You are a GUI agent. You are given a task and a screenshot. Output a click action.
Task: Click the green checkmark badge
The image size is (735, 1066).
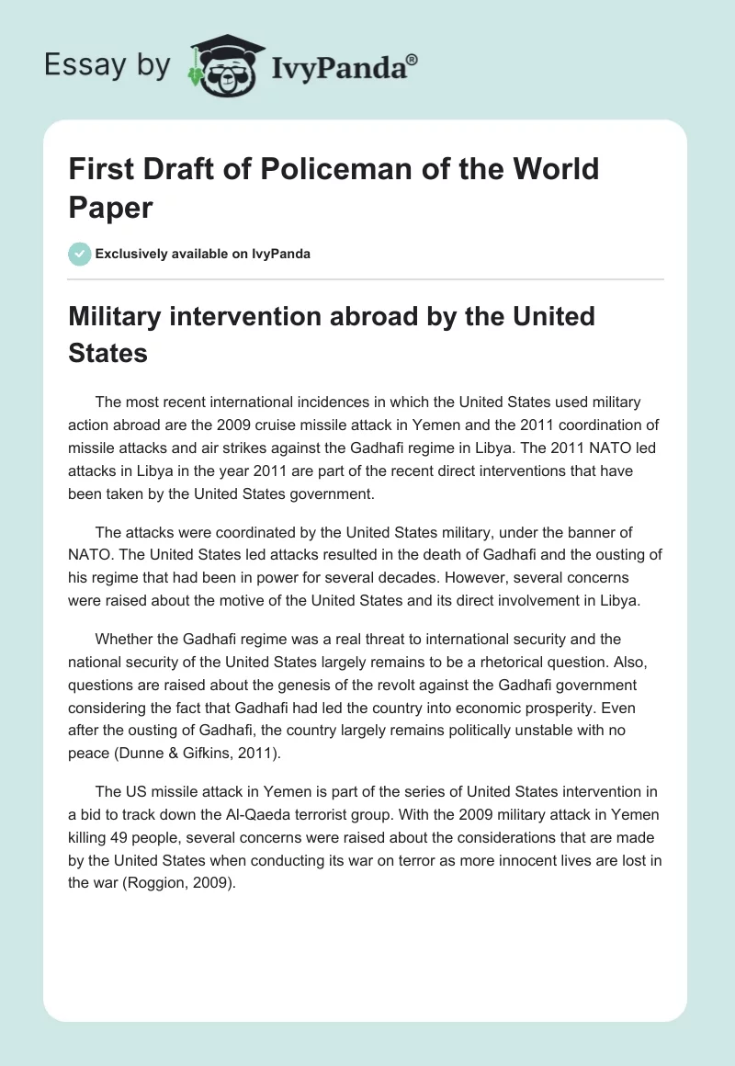coord(80,254)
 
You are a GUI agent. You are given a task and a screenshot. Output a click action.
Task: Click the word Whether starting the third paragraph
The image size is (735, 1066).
coord(126,639)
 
